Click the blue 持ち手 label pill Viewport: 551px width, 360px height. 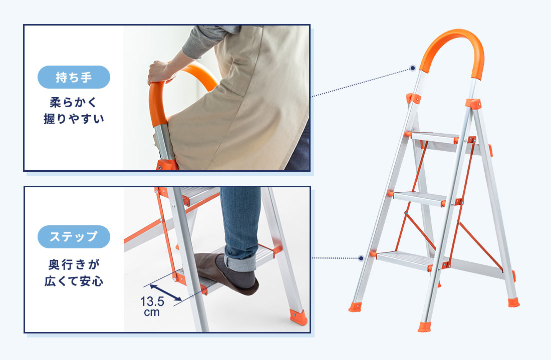74,77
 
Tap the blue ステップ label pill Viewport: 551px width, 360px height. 74,237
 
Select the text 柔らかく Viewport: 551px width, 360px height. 74,103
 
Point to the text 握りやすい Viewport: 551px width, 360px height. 74,119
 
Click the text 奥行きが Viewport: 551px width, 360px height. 74,264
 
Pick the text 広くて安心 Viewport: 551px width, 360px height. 74,281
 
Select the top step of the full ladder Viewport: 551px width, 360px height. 436,137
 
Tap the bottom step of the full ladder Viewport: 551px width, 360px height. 404,259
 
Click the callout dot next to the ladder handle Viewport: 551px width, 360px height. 413,68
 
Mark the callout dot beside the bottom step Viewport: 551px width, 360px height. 361,258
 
